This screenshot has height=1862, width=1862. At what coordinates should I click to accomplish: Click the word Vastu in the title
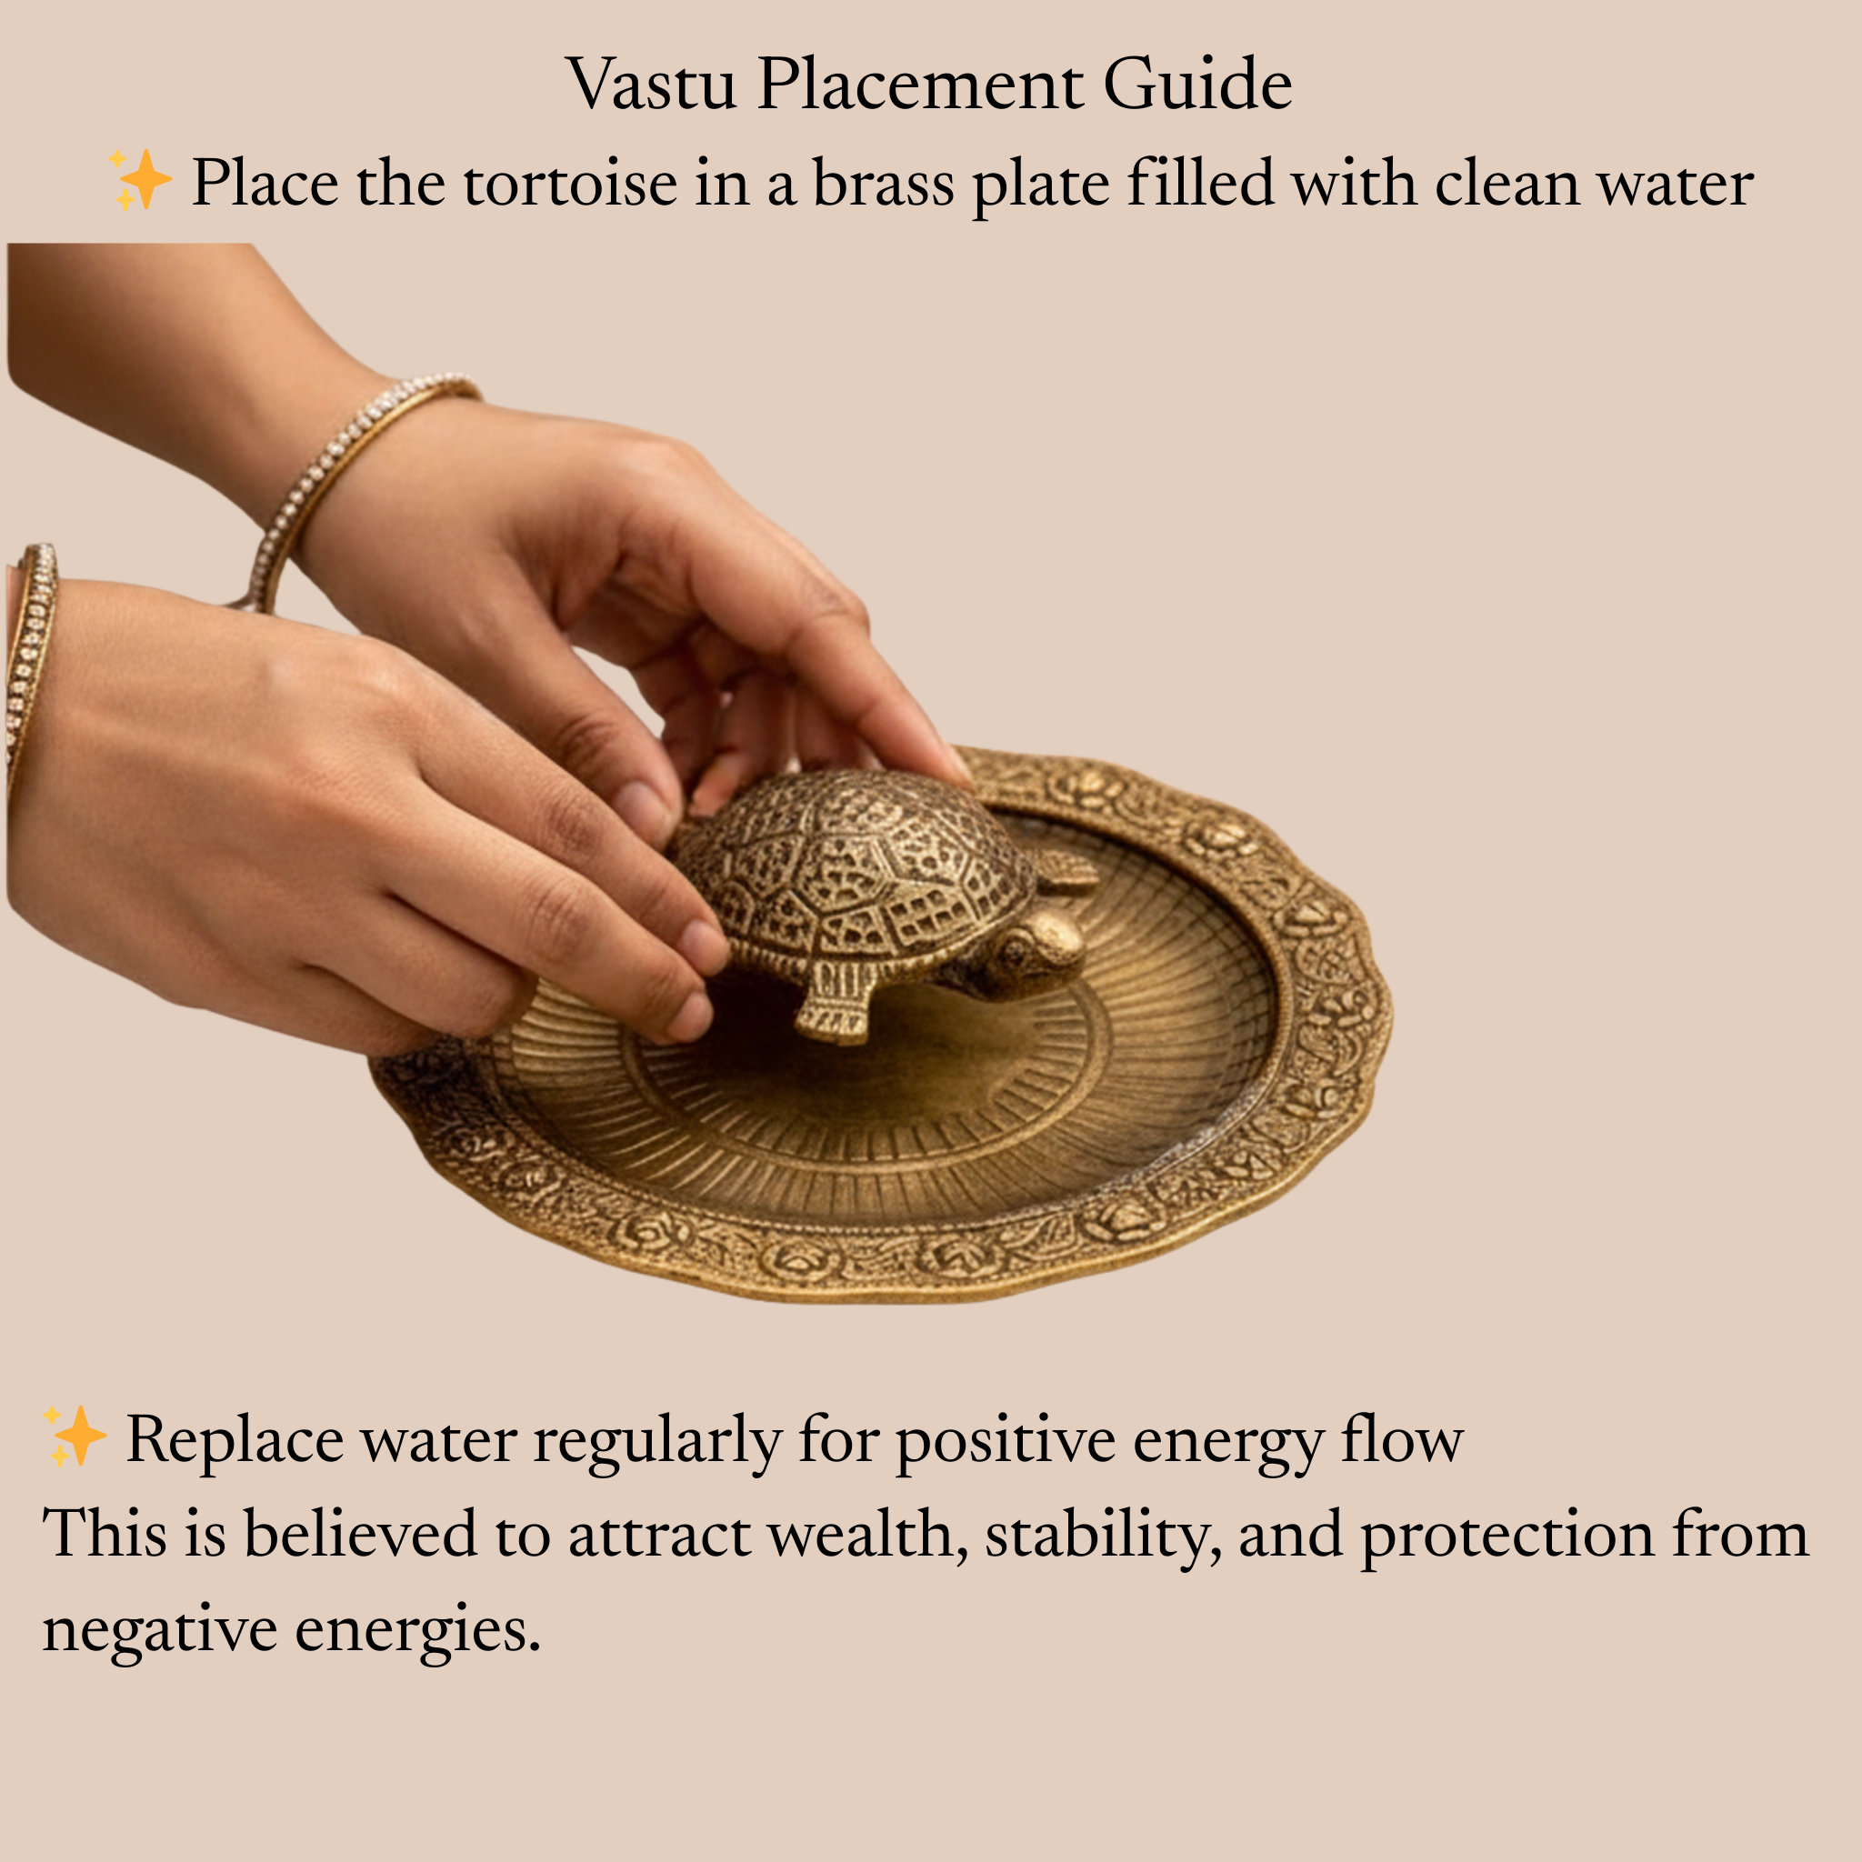[651, 85]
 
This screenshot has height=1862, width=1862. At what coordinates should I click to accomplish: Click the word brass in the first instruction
[883, 183]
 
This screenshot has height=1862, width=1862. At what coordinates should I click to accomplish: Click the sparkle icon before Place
[140, 179]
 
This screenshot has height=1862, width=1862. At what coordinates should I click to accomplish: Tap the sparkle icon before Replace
[75, 1436]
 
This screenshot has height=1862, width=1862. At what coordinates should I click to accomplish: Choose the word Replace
[235, 1441]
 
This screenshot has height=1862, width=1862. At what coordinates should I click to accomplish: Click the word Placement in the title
[919, 85]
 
